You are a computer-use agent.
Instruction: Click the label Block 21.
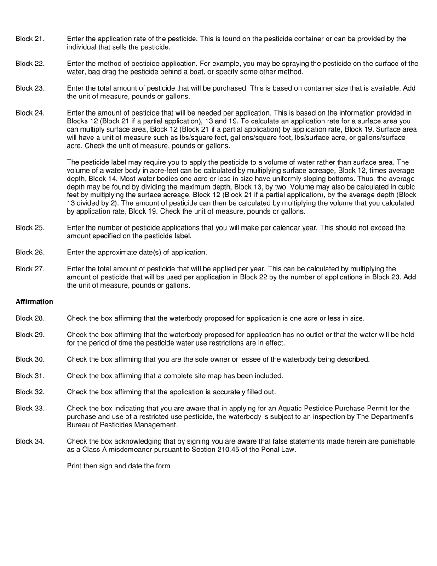30,39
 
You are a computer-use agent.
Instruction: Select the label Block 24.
30,113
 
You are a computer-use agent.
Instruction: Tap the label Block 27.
30,269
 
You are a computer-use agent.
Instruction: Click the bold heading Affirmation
34,302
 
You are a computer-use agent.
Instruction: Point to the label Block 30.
30,360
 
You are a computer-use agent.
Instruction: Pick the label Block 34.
30,442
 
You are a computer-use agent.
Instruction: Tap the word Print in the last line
74,466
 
